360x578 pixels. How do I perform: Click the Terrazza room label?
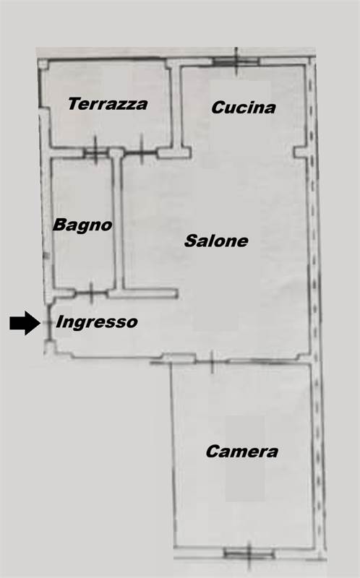click(x=108, y=104)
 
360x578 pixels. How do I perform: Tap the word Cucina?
click(x=244, y=107)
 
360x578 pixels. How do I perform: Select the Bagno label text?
click(x=82, y=225)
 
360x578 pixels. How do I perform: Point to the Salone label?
click(x=216, y=241)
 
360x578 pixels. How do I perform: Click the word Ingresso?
click(x=97, y=322)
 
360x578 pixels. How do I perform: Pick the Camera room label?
click(x=242, y=452)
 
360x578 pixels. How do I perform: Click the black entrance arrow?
click(x=25, y=323)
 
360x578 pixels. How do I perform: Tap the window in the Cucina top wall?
click(x=236, y=61)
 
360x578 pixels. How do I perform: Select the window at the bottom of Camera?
click(x=249, y=553)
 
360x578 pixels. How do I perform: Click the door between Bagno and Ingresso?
click(x=91, y=293)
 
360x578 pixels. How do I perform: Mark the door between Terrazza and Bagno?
click(x=95, y=152)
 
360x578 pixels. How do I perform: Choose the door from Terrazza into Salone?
click(x=141, y=152)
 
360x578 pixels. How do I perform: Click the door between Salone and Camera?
click(x=212, y=361)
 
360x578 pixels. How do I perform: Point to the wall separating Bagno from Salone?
click(x=119, y=221)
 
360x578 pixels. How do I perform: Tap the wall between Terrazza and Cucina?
click(x=177, y=107)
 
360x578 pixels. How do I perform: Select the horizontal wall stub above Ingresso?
click(x=142, y=294)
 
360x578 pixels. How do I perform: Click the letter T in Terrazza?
click(x=74, y=104)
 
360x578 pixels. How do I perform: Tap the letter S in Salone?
click(x=190, y=241)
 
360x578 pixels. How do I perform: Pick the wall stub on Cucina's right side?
click(x=301, y=152)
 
